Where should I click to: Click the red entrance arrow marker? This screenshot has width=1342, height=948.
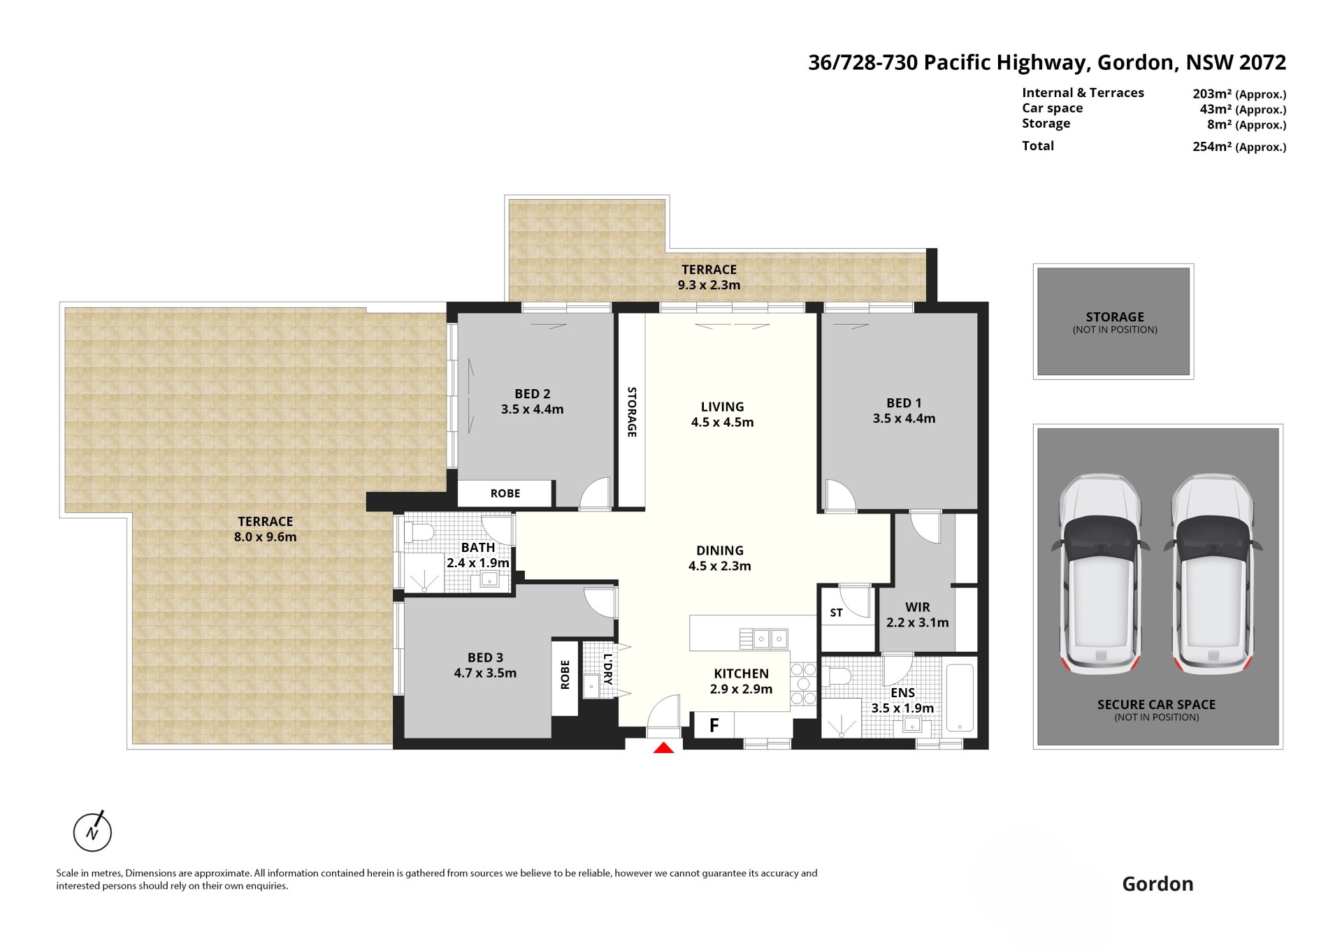click(x=663, y=748)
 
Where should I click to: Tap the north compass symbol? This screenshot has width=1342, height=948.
click(x=92, y=831)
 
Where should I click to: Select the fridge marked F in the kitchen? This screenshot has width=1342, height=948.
click(x=714, y=725)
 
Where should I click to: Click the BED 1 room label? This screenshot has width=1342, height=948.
click(x=904, y=403)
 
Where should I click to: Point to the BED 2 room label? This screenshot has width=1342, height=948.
click(x=532, y=394)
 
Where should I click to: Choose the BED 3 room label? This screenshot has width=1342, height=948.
click(x=485, y=657)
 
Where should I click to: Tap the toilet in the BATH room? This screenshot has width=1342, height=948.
click(x=422, y=533)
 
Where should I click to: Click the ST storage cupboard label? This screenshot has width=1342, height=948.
click(x=836, y=613)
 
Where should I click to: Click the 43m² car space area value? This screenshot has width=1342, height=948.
click(x=1215, y=109)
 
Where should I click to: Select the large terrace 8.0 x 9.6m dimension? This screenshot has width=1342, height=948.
click(x=266, y=537)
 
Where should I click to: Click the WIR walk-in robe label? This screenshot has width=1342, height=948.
click(x=917, y=607)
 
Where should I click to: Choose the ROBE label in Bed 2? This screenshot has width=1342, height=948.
click(x=505, y=493)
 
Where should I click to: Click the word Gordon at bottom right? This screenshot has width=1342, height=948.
click(x=1157, y=884)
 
